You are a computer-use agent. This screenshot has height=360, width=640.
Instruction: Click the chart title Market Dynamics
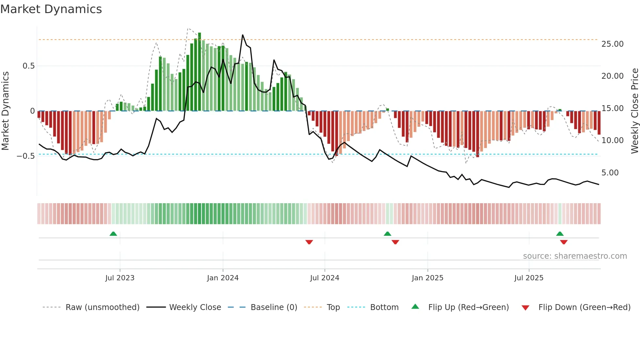click(51, 9)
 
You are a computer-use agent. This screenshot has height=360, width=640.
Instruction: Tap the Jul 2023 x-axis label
click(120, 278)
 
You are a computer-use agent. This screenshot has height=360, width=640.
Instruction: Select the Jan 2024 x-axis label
click(223, 278)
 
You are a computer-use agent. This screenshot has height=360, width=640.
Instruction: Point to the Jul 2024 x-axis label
click(325, 278)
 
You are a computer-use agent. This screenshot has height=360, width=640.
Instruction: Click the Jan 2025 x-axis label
click(427, 278)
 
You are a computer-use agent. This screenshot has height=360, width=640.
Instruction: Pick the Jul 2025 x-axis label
click(529, 278)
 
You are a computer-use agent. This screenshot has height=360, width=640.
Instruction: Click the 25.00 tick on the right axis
click(612, 44)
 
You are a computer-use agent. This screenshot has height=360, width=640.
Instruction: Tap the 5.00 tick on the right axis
click(610, 173)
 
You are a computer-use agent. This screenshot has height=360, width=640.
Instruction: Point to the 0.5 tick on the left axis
click(28, 66)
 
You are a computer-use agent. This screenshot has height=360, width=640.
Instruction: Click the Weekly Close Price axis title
click(634, 111)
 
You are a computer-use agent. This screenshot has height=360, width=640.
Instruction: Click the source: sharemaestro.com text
click(575, 256)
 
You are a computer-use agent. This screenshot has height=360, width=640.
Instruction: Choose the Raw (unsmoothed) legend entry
click(102, 307)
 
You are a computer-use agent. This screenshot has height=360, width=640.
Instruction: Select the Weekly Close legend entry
click(195, 307)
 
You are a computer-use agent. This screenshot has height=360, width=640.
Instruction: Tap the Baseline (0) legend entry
click(274, 307)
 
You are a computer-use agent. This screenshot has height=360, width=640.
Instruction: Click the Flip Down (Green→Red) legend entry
click(584, 307)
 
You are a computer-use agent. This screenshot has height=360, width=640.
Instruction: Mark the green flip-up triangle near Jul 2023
click(113, 234)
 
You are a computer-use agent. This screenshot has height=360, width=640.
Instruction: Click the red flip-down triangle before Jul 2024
click(309, 242)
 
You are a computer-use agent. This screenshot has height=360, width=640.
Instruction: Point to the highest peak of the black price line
click(243, 35)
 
